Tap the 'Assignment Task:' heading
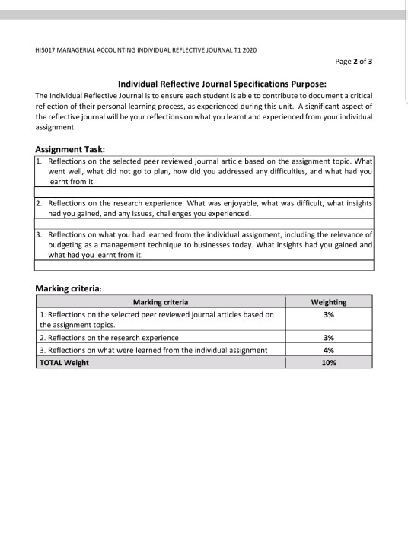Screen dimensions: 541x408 point(71,149)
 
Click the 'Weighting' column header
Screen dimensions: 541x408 point(329,302)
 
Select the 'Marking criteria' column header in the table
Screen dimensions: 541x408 point(161,302)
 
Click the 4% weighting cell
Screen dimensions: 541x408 point(329,350)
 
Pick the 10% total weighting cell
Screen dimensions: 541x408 point(329,363)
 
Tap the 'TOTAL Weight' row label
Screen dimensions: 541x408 point(64,363)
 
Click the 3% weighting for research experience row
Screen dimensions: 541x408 point(329,337)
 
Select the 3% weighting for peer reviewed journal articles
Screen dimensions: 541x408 point(329,313)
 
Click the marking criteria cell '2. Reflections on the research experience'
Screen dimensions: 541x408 point(109,337)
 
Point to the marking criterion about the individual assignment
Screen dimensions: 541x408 point(153,350)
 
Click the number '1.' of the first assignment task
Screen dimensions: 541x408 point(40,162)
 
